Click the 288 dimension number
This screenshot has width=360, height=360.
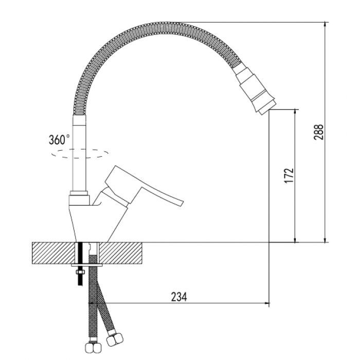pyautogui.click(x=319, y=132)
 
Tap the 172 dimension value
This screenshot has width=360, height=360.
pyautogui.click(x=289, y=176)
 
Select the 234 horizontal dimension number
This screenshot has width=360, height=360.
pyautogui.click(x=179, y=297)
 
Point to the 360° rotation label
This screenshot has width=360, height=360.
pyautogui.click(x=59, y=139)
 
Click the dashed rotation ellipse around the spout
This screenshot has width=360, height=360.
pyautogui.click(x=80, y=158)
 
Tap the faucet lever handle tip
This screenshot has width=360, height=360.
pyautogui.click(x=182, y=203)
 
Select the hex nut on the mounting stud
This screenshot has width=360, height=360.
pyautogui.click(x=80, y=273)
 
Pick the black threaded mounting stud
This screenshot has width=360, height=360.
pyautogui.click(x=80, y=263)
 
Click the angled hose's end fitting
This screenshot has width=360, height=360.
pyautogui.click(x=115, y=338)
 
